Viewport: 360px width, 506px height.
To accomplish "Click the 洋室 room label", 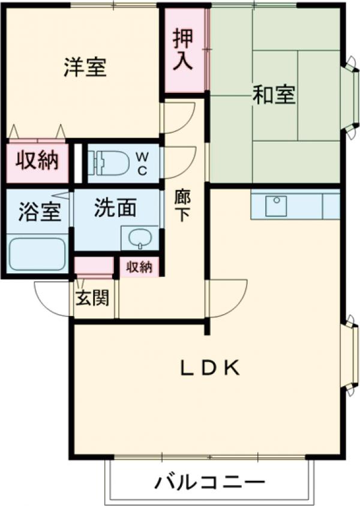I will point(85,67).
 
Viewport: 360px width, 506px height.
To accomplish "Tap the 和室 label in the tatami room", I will point(274,95).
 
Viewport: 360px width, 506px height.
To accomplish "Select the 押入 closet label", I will point(183,50).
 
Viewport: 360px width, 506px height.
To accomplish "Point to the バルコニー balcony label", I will point(210,483).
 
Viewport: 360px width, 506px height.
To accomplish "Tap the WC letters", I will point(142,162).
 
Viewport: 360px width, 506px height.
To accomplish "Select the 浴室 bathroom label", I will point(34,213).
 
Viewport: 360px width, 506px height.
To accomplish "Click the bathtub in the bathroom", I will point(37,254).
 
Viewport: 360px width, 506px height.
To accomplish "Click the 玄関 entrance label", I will point(92,297).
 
